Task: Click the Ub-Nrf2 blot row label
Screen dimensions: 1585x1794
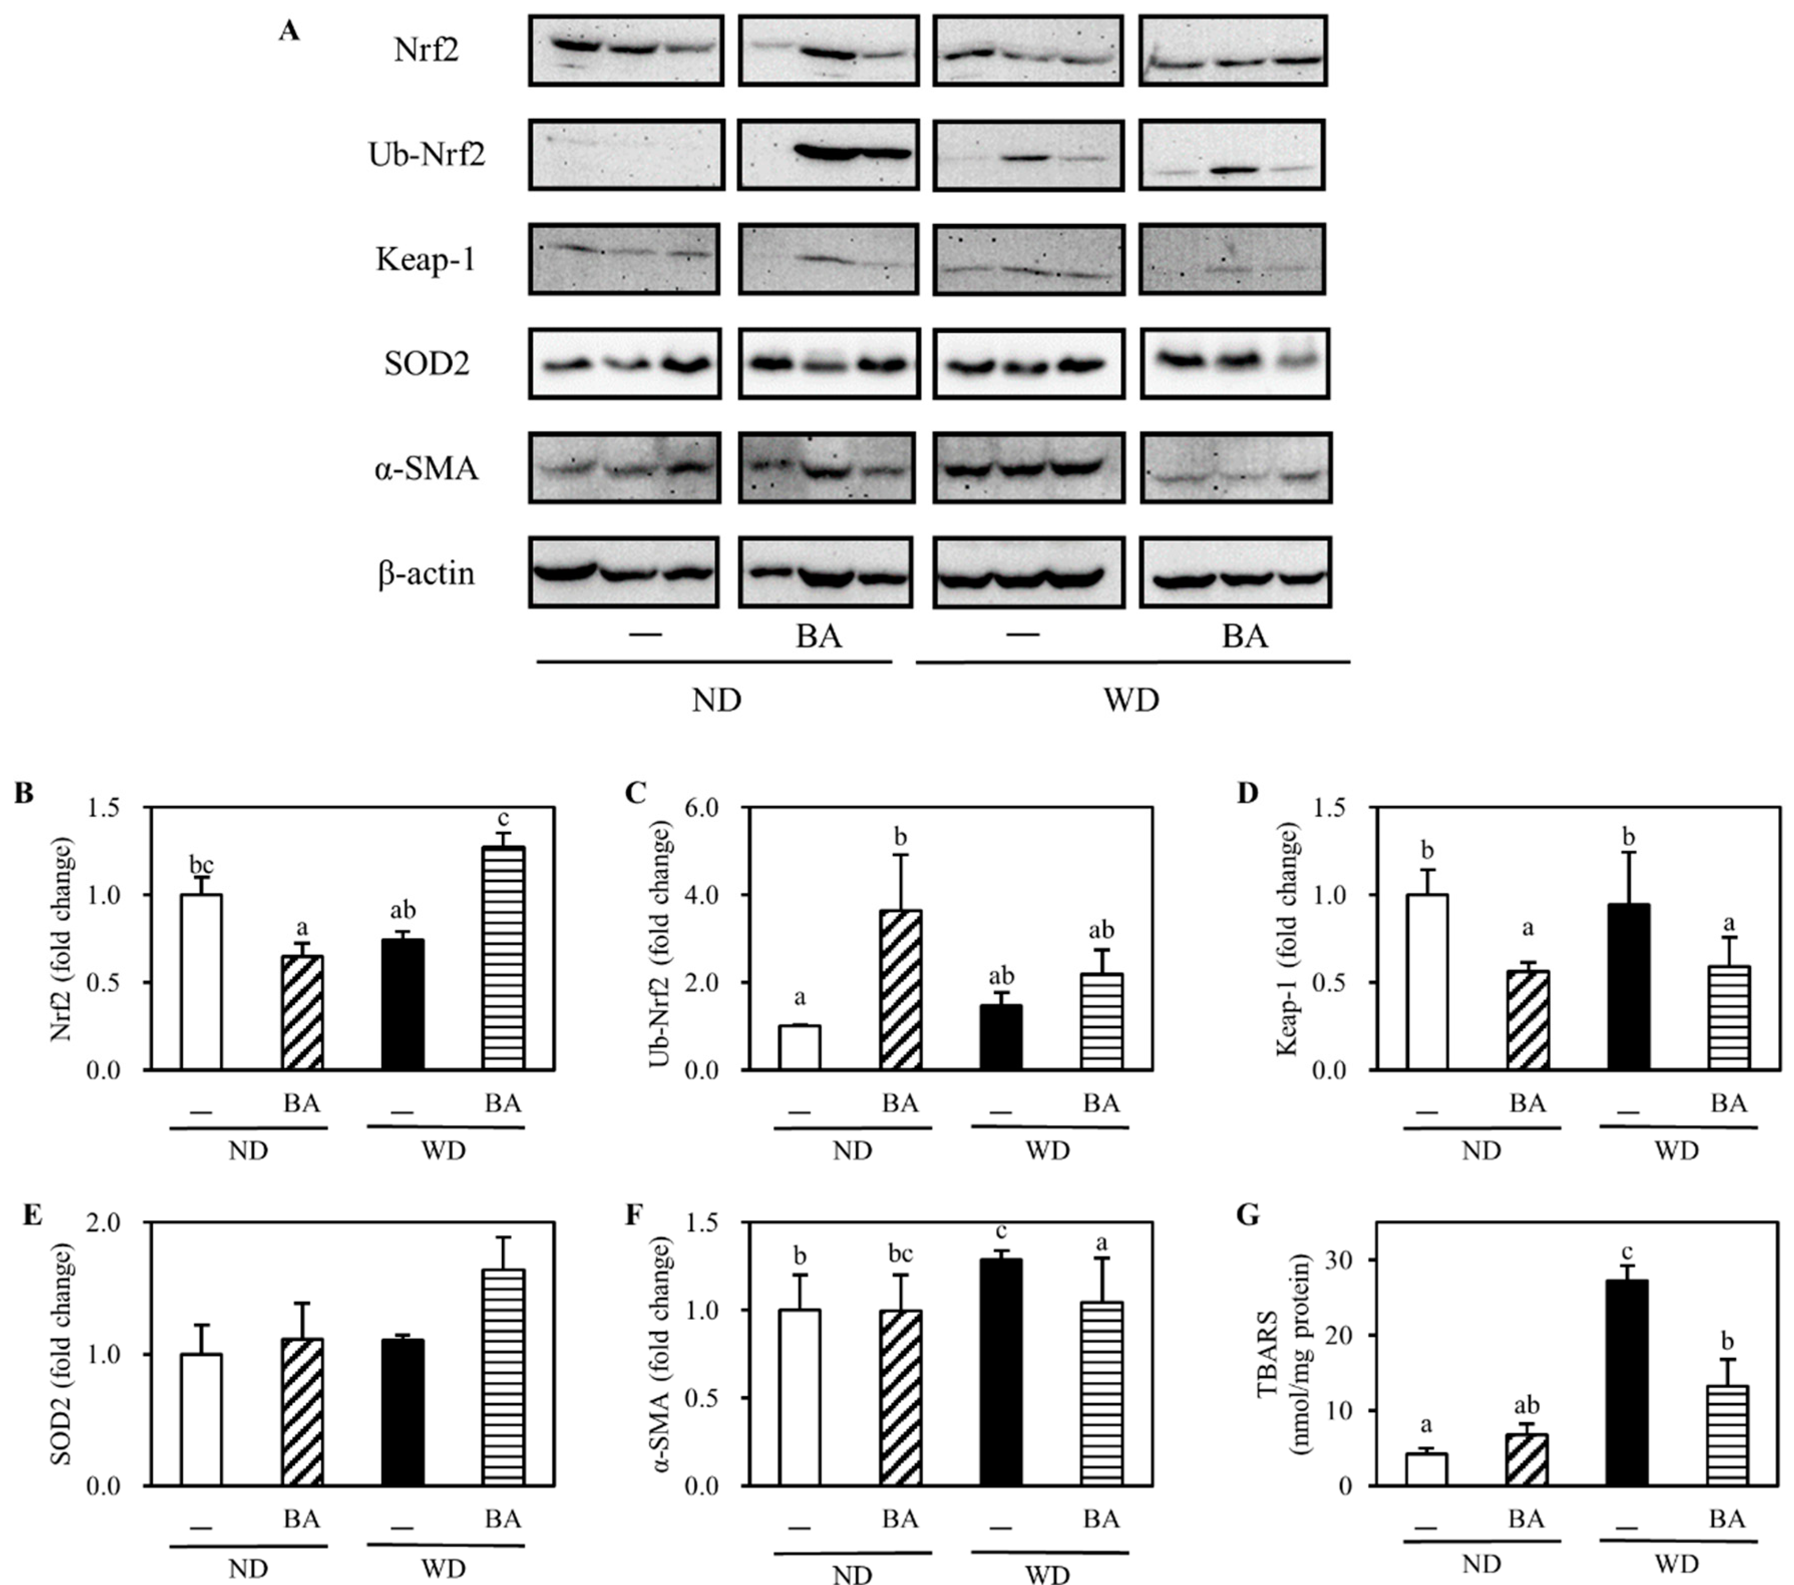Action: (427, 155)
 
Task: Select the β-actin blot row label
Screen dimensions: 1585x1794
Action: (427, 573)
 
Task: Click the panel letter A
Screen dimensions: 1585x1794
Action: (289, 32)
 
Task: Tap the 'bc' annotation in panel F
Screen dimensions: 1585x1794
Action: (901, 1254)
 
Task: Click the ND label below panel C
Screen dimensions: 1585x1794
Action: (852, 1150)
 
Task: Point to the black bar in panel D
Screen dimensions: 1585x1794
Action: (1628, 987)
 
